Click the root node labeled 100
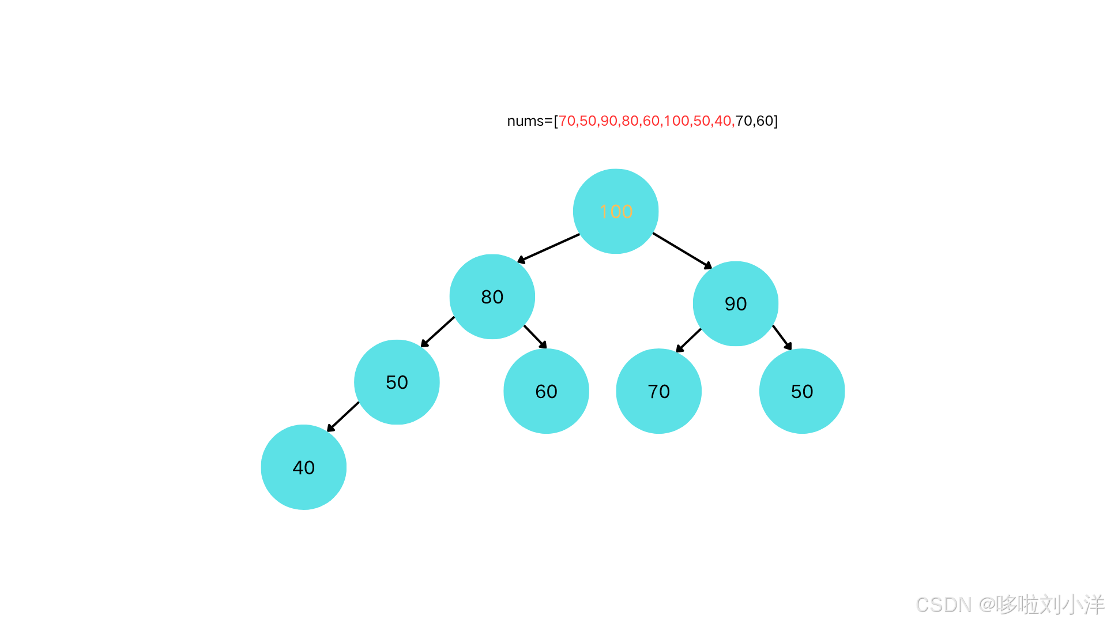pyautogui.click(x=616, y=211)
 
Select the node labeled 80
pyautogui.click(x=492, y=297)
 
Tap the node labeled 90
pyautogui.click(x=735, y=303)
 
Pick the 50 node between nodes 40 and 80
pyautogui.click(x=397, y=382)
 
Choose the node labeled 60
pyautogui.click(x=546, y=391)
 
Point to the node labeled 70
pyautogui.click(x=658, y=391)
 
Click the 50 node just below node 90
pyautogui.click(x=802, y=391)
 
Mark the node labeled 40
pyautogui.click(x=303, y=467)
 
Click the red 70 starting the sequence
pyautogui.click(x=567, y=121)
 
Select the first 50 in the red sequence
pyautogui.click(x=588, y=121)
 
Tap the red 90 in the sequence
pyautogui.click(x=609, y=121)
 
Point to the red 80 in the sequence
pyautogui.click(x=630, y=121)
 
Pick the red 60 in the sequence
pyautogui.click(x=652, y=121)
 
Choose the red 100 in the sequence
pyautogui.click(x=676, y=121)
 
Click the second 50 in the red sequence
pyautogui.click(x=702, y=121)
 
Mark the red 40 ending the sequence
pyautogui.click(x=723, y=121)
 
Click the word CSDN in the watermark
pyautogui.click(x=943, y=604)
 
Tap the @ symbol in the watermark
pyautogui.click(x=986, y=604)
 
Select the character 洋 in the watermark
pyautogui.click(x=1093, y=604)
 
